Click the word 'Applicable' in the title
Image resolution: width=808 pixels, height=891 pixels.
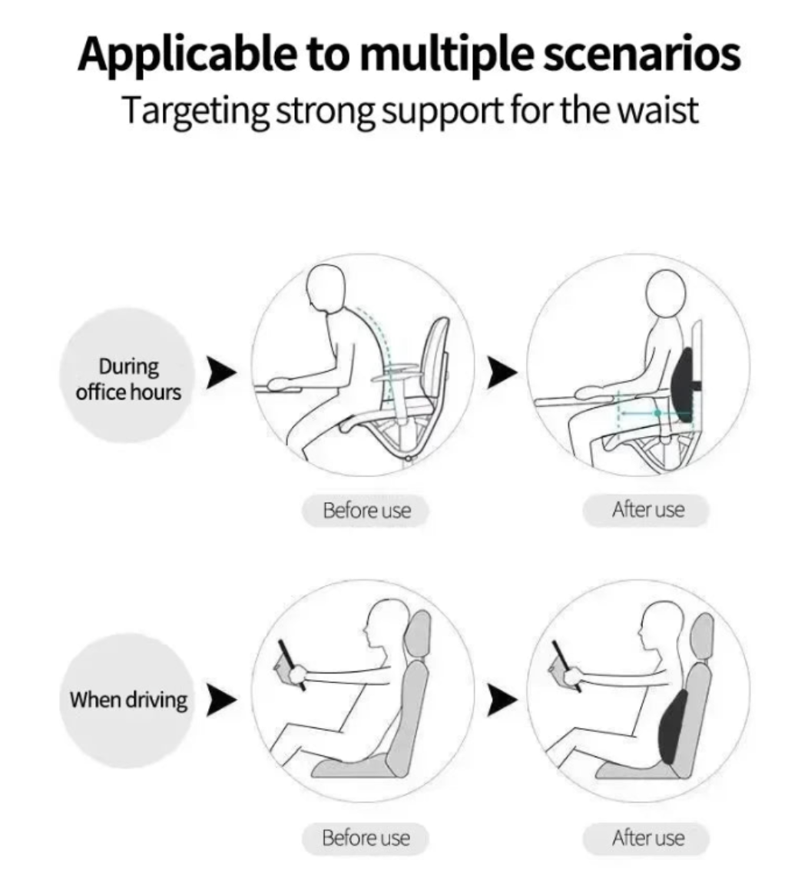click(187, 54)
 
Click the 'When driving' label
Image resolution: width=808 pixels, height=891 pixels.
click(127, 700)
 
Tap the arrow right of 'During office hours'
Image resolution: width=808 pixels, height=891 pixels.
click(221, 373)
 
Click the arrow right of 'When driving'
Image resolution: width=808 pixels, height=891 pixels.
click(221, 700)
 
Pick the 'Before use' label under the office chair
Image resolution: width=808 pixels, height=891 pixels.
click(366, 510)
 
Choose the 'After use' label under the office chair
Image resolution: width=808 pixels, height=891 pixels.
click(647, 509)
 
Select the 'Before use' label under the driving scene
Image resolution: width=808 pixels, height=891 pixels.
click(366, 837)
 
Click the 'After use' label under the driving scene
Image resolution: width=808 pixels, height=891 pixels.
click(647, 837)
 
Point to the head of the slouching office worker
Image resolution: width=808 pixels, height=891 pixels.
click(326, 287)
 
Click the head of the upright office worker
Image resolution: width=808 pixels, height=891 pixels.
click(666, 292)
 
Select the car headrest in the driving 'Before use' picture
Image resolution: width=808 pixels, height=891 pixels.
click(420, 634)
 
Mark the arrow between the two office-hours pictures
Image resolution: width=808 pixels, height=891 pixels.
click(502, 373)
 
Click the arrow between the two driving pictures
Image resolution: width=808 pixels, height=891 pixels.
click(502, 700)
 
